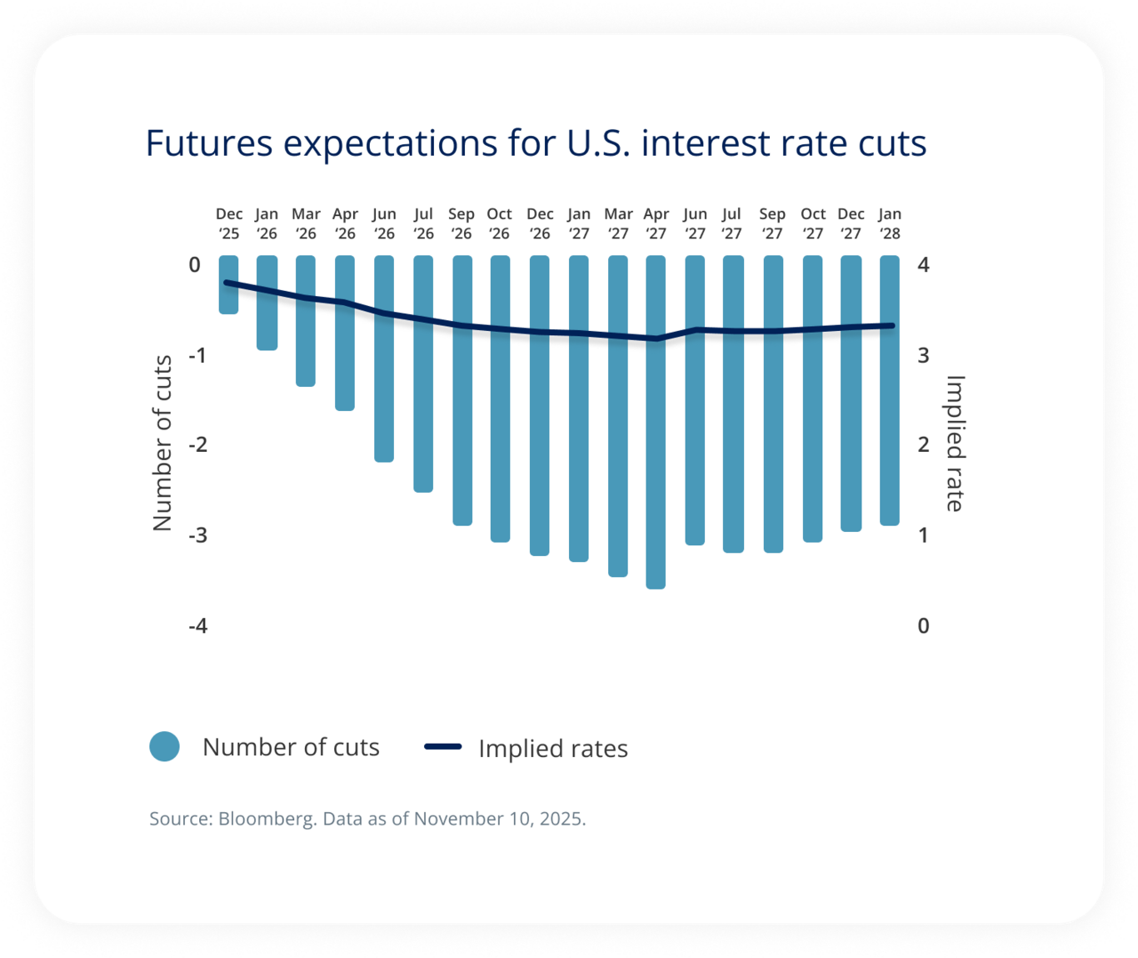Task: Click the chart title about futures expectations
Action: pos(536,143)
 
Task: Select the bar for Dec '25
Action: pos(228,285)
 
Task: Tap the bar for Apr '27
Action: pos(656,422)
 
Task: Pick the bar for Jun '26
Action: pos(384,359)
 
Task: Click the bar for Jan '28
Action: pos(890,390)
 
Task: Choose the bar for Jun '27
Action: pos(695,400)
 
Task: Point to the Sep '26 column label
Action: pos(461,224)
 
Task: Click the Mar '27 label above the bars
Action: pos(618,224)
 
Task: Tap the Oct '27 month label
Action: pos(812,224)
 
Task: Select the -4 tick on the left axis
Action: pos(197,625)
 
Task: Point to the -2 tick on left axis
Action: pos(197,444)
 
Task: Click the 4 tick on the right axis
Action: pos(923,265)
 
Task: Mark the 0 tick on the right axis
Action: pos(923,625)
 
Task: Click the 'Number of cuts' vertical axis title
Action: pos(162,443)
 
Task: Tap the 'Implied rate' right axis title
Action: pos(955,443)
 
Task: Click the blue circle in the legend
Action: pos(165,746)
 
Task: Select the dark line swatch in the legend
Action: pos(443,747)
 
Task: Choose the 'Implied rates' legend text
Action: pos(553,749)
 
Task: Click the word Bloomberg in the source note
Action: pos(267,819)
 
